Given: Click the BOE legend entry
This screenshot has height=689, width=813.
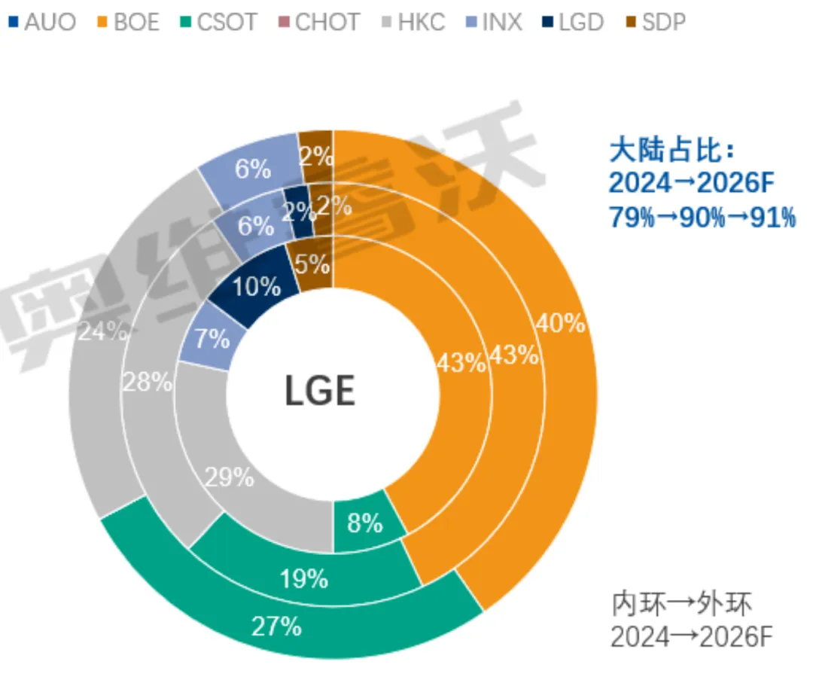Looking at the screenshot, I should point(128,22).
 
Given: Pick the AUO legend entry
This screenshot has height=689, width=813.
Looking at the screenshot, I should point(42,22).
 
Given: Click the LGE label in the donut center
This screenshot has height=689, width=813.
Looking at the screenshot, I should point(320,392).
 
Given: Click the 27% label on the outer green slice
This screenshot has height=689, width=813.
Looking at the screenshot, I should point(277,626).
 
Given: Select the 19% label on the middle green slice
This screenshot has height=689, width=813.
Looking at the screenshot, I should point(303,578).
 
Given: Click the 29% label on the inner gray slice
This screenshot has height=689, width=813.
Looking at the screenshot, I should point(230,476).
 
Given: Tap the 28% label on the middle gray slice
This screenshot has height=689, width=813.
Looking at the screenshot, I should point(148,382).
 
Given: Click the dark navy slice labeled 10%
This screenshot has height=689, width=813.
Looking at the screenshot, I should point(257,286).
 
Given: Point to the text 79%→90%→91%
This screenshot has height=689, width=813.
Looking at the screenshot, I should point(702,218).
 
